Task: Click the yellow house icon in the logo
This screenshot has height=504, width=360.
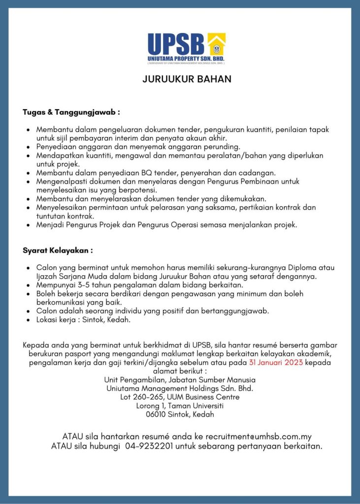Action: click(216, 45)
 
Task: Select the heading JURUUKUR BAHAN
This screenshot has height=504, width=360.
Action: click(187, 79)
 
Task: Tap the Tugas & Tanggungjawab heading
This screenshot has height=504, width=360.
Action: click(71, 112)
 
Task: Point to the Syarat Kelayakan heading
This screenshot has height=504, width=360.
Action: click(58, 251)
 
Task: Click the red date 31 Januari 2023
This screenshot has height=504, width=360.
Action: click(276, 363)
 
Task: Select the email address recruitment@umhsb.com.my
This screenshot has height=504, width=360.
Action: click(259, 437)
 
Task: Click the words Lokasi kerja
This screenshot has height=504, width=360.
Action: click(58, 320)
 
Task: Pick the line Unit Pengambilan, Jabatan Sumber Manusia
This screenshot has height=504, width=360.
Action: click(180, 379)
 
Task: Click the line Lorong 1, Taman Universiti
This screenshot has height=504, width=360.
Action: click(180, 406)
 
